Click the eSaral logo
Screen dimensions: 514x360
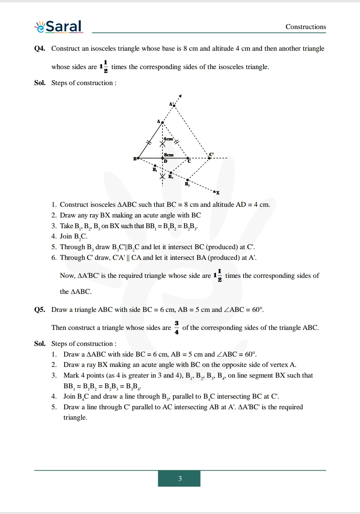(x=59, y=27)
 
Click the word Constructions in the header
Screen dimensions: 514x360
(x=306, y=27)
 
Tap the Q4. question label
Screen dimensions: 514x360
(x=40, y=48)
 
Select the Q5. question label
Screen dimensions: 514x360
(x=40, y=310)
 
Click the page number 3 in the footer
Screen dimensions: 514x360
(x=179, y=479)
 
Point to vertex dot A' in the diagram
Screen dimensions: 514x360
(x=174, y=106)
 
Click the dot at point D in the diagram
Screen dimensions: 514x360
(x=162, y=158)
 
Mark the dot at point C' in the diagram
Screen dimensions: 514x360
(x=210, y=158)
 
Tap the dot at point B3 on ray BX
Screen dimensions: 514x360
(x=188, y=180)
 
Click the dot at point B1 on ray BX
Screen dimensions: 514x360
(x=155, y=165)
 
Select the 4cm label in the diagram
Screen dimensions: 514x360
(x=168, y=139)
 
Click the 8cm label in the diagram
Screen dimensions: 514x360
(x=169, y=155)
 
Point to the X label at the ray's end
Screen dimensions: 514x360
(x=218, y=193)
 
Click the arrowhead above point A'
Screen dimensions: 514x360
(x=180, y=96)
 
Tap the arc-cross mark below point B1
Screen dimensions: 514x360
(x=162, y=176)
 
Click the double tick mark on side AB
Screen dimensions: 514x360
(x=149, y=142)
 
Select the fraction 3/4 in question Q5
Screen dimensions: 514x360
(x=176, y=328)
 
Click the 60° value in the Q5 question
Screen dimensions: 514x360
(x=257, y=310)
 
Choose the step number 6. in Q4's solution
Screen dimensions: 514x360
(x=54, y=258)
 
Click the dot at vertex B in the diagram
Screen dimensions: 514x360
(x=138, y=158)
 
